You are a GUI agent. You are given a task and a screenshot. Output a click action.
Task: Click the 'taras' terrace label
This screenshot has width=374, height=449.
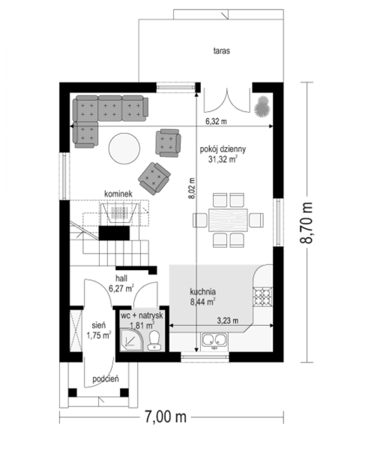[222, 51]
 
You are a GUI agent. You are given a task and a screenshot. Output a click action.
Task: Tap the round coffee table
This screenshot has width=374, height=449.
[124, 149]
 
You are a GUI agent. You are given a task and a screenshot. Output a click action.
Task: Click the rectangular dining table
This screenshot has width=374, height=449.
[228, 220]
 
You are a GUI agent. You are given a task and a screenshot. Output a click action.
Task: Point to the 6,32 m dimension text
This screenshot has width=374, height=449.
[216, 122]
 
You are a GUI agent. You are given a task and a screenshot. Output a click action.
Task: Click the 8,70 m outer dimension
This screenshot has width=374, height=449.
[306, 223]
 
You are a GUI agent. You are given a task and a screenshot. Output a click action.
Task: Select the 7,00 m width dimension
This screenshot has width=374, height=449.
[166, 417]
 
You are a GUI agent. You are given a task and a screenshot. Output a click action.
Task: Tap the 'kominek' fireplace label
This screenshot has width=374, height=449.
[118, 194]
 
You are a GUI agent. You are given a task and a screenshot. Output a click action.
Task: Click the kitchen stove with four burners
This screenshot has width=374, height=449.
[263, 297]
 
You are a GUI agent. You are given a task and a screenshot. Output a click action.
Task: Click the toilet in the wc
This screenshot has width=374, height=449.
[154, 340]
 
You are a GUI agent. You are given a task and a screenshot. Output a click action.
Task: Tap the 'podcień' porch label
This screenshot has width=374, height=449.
[106, 379]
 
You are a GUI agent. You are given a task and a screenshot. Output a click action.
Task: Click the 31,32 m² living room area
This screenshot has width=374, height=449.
[223, 159]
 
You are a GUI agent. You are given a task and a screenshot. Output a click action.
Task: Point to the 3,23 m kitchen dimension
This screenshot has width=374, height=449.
[228, 321]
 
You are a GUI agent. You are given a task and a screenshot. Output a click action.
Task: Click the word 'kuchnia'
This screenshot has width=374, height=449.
[203, 292]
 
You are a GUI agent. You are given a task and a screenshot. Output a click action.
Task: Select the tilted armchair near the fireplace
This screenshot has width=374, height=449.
[154, 178]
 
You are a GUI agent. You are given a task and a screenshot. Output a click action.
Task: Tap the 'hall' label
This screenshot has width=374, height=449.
[121, 278]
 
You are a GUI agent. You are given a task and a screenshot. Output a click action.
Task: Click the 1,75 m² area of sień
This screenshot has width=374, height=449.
[99, 335]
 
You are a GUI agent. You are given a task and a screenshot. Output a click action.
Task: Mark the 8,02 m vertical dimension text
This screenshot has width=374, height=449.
[192, 188]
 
